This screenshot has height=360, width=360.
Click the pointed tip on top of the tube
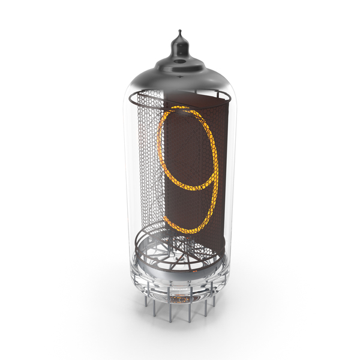180,31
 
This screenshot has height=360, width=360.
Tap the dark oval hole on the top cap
180,61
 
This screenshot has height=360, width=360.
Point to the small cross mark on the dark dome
179,77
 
